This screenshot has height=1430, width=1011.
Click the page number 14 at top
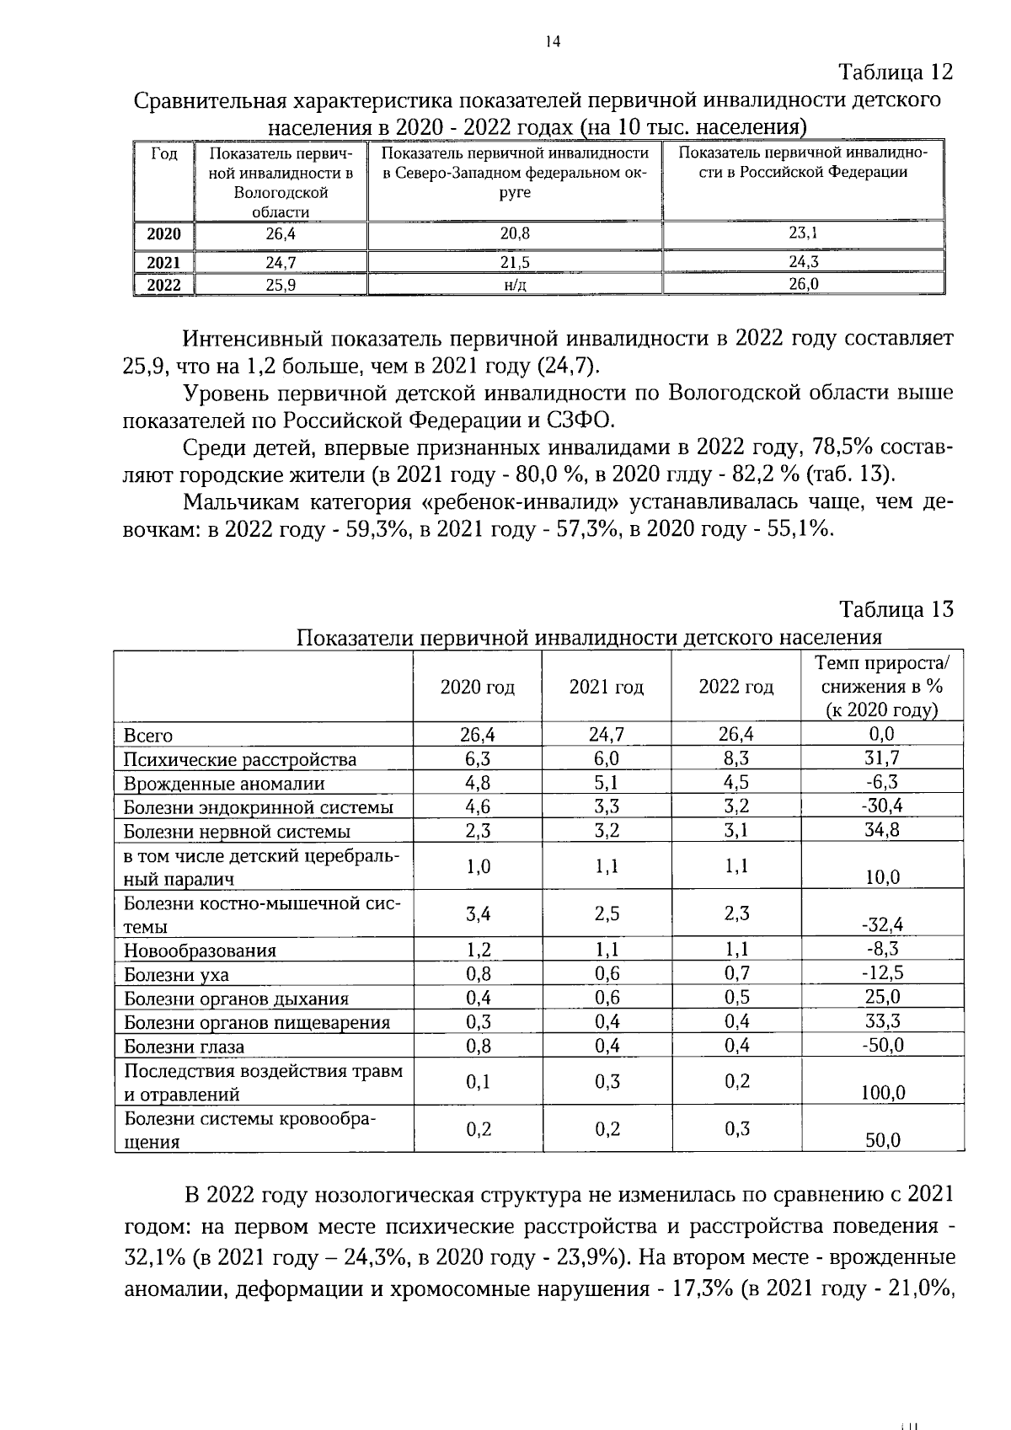[x=553, y=42]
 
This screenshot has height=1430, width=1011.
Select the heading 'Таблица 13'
[x=896, y=609]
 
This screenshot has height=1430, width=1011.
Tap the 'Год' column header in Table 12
[x=164, y=154]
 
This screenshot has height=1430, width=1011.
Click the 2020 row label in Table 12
[x=164, y=234]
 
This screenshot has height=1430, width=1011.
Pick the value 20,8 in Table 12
[x=515, y=234]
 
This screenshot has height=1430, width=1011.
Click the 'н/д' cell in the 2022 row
[x=515, y=285]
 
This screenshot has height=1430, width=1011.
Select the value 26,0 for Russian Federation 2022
[x=803, y=284]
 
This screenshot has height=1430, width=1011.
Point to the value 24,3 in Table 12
[x=803, y=261]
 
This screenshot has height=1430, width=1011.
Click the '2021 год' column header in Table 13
[x=606, y=688]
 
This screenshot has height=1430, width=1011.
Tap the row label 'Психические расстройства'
[x=240, y=760]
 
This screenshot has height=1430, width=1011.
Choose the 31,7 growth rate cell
[x=881, y=758]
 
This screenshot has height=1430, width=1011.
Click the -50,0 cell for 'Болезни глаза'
[x=881, y=1045]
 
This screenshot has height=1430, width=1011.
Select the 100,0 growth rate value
[x=882, y=1093]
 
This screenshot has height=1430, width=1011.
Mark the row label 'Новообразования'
[x=200, y=951]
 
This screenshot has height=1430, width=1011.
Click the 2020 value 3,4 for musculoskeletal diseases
[x=478, y=913]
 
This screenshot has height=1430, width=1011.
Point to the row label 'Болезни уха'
[x=176, y=975]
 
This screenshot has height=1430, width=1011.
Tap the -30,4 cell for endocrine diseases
[x=881, y=806]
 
